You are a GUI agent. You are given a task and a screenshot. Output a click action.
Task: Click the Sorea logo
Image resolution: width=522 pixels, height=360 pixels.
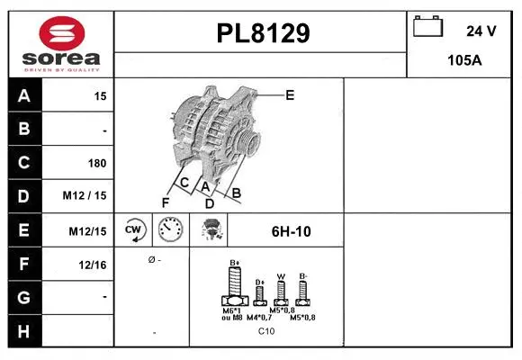click(60, 44)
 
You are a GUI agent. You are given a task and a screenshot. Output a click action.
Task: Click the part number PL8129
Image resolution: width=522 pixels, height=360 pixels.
click(263, 33)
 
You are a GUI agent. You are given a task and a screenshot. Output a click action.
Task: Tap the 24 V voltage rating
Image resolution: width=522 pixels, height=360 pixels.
click(481, 31)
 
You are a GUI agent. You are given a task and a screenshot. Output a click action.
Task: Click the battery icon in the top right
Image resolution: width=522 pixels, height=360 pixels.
click(427, 27)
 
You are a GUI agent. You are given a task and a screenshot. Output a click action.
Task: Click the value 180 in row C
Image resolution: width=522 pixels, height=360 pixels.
click(96, 164)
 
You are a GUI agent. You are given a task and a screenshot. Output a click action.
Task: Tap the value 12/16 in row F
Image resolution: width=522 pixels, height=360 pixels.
click(94, 264)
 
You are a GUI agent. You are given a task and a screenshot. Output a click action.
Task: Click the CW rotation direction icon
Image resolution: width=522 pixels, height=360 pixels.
click(134, 229)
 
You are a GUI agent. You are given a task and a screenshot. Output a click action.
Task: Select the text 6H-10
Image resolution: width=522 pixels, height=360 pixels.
click(291, 231)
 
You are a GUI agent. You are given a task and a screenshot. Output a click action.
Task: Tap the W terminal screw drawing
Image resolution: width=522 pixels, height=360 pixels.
click(280, 291)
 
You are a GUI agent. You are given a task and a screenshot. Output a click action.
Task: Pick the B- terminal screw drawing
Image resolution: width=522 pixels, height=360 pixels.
click(303, 291)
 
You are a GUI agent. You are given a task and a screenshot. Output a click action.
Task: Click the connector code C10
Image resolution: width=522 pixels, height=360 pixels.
click(266, 331)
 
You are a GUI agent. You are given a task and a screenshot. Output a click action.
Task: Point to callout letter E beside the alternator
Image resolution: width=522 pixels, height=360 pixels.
click(289, 94)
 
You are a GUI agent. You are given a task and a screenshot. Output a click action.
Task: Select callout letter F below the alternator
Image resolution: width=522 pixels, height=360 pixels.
click(165, 202)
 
